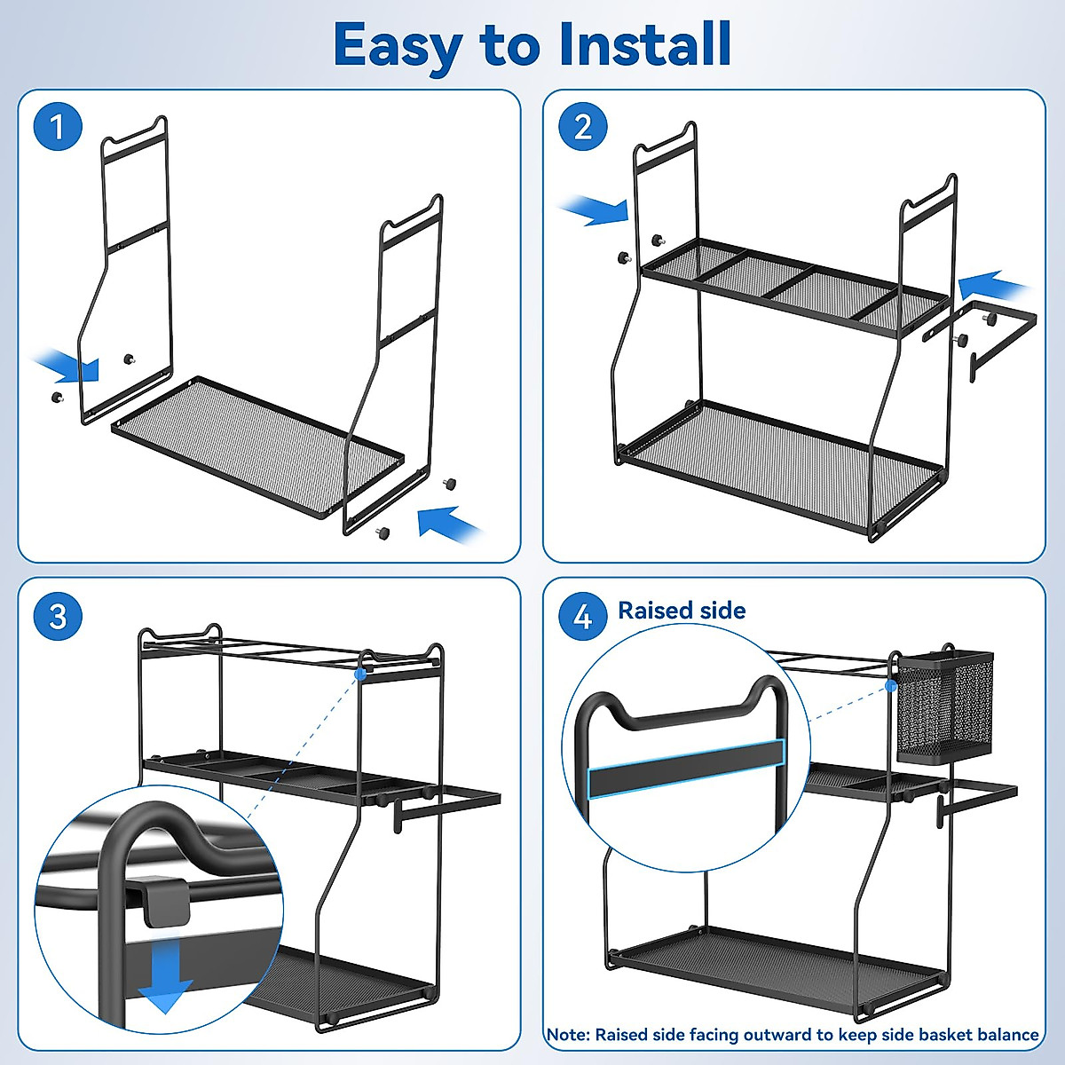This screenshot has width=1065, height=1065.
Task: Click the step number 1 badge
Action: click(x=58, y=127)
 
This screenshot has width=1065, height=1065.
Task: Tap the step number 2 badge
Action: click(x=583, y=127)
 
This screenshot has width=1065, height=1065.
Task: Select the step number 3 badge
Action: click(x=58, y=616)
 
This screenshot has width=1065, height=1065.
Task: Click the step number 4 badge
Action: click(x=583, y=616)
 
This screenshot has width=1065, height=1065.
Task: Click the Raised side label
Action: click(x=682, y=611)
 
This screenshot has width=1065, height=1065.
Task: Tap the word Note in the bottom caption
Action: click(x=566, y=1035)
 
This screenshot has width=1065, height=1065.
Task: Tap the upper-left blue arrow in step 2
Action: click(x=595, y=211)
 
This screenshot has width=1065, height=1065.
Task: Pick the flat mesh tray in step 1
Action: click(x=257, y=444)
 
